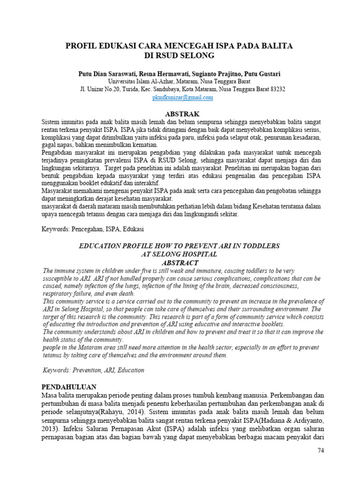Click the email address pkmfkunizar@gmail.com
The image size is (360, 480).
(x=183, y=97)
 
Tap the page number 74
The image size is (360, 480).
(x=321, y=450)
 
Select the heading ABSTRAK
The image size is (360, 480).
(x=183, y=114)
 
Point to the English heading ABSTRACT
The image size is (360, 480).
(x=179, y=263)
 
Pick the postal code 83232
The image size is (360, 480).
(x=275, y=89)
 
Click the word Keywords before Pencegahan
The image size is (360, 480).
(x=55, y=230)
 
